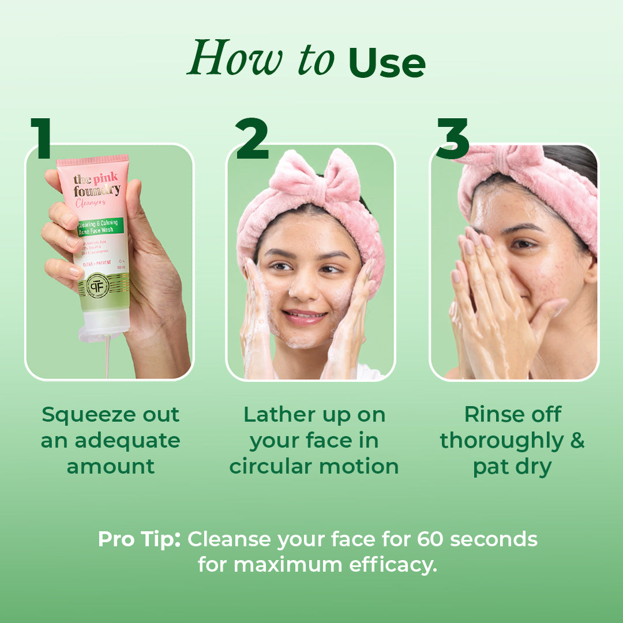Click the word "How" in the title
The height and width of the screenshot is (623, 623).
click(x=223, y=58)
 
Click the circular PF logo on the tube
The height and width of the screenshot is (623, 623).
click(x=97, y=284)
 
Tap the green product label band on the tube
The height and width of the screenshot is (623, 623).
click(x=98, y=227)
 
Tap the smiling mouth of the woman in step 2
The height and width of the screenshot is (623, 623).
click(x=304, y=317)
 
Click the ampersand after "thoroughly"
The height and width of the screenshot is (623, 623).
click(x=577, y=441)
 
